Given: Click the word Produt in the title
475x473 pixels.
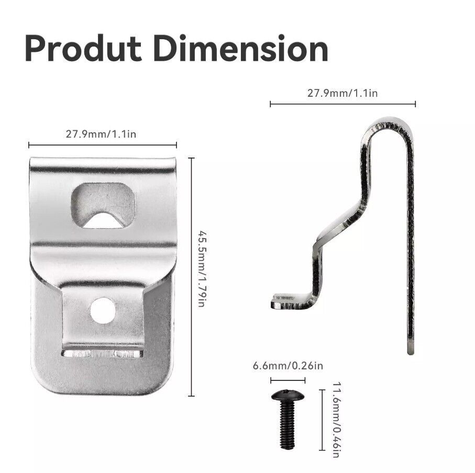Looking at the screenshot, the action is point(83,49).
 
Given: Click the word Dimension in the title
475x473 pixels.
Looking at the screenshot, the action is point(241,49).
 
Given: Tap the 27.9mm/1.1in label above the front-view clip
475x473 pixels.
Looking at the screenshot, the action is point(101,134).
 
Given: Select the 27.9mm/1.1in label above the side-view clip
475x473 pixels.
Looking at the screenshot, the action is point(343,93).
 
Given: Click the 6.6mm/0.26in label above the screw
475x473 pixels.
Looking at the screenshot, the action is point(288,366).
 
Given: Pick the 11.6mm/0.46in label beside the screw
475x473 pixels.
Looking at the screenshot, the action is point(337,420).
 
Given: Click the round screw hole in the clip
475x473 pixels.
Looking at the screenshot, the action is point(103,310).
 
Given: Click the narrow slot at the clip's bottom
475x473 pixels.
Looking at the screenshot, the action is point(103,354).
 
